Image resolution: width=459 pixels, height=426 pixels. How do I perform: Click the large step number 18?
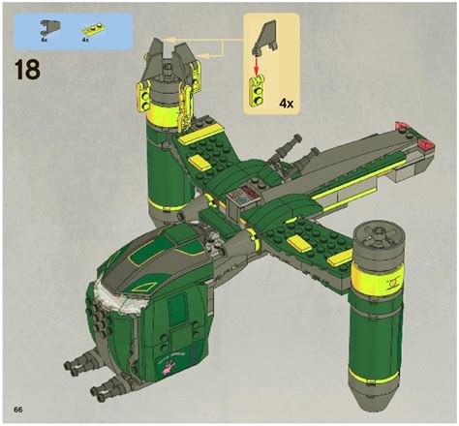pyautogui.click(x=27, y=70)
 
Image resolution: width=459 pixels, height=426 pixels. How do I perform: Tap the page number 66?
pyautogui.click(x=18, y=410)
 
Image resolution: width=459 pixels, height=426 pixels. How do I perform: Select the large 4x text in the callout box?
pyautogui.click(x=287, y=104)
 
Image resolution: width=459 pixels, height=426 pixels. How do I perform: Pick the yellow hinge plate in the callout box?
pyautogui.click(x=258, y=91)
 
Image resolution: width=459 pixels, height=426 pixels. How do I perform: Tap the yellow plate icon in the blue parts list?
pyautogui.click(x=91, y=30)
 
